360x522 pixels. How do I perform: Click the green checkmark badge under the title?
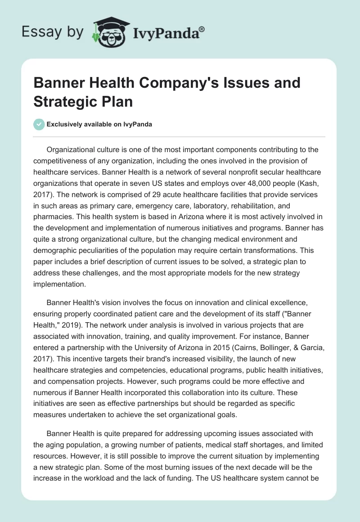tap(39, 124)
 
